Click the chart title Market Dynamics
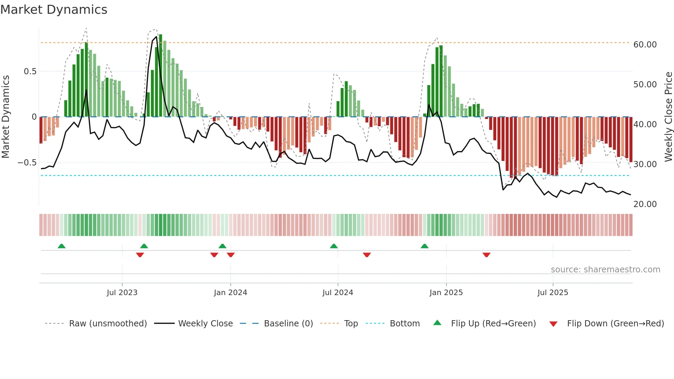pyautogui.click(x=54, y=10)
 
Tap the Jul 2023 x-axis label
pyautogui.click(x=122, y=293)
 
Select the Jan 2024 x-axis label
pyautogui.click(x=230, y=293)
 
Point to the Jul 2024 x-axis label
pyautogui.click(x=338, y=293)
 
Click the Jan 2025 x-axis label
pyautogui.click(x=446, y=293)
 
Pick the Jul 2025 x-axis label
pyautogui.click(x=553, y=293)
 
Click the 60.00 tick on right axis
pyautogui.click(x=645, y=45)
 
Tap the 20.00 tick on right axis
pyautogui.click(x=645, y=204)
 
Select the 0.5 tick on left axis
pyautogui.click(x=30, y=72)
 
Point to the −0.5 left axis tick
pyautogui.click(x=27, y=163)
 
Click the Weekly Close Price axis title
pyautogui.click(x=668, y=117)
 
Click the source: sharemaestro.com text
pyautogui.click(x=605, y=270)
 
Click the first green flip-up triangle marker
pyautogui.click(x=62, y=246)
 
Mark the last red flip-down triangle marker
pyautogui.click(x=486, y=255)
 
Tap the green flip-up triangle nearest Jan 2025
pyautogui.click(x=425, y=246)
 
